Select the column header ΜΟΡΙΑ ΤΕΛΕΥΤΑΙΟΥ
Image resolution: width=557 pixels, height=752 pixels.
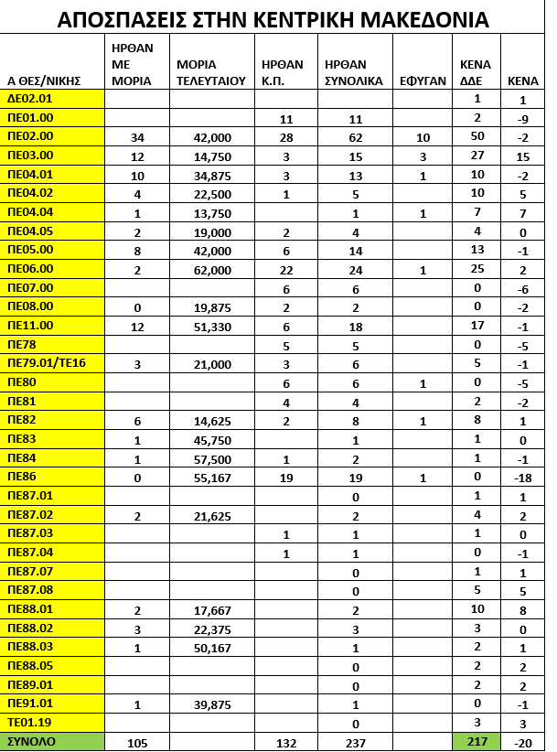click(210, 72)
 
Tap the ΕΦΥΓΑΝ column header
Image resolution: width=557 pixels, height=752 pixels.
click(422, 81)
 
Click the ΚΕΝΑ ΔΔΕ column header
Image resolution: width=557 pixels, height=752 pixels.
click(476, 72)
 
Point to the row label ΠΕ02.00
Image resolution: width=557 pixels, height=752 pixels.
click(31, 136)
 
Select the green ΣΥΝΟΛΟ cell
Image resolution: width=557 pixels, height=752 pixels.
click(31, 741)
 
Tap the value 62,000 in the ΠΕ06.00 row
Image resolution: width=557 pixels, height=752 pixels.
click(209, 269)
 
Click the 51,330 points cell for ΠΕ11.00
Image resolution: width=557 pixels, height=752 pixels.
click(209, 326)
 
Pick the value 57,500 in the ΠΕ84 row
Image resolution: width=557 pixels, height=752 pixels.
click(209, 457)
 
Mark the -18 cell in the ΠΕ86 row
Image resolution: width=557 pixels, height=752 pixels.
click(521, 477)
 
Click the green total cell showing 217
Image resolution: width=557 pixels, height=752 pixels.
click(477, 741)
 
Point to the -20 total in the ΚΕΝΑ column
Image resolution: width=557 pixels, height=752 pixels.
click(521, 741)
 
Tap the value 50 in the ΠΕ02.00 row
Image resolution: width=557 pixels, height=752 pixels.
click(477, 136)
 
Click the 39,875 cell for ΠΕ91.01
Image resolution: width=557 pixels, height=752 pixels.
click(209, 703)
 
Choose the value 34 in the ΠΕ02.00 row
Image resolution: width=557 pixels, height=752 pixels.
click(138, 136)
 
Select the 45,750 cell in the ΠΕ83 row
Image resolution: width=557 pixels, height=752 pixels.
click(209, 439)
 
